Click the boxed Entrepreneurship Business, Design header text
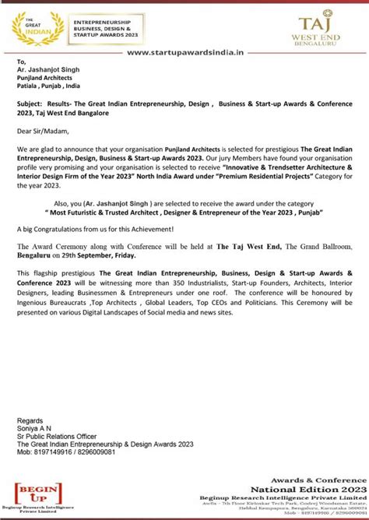pos(107,26)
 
